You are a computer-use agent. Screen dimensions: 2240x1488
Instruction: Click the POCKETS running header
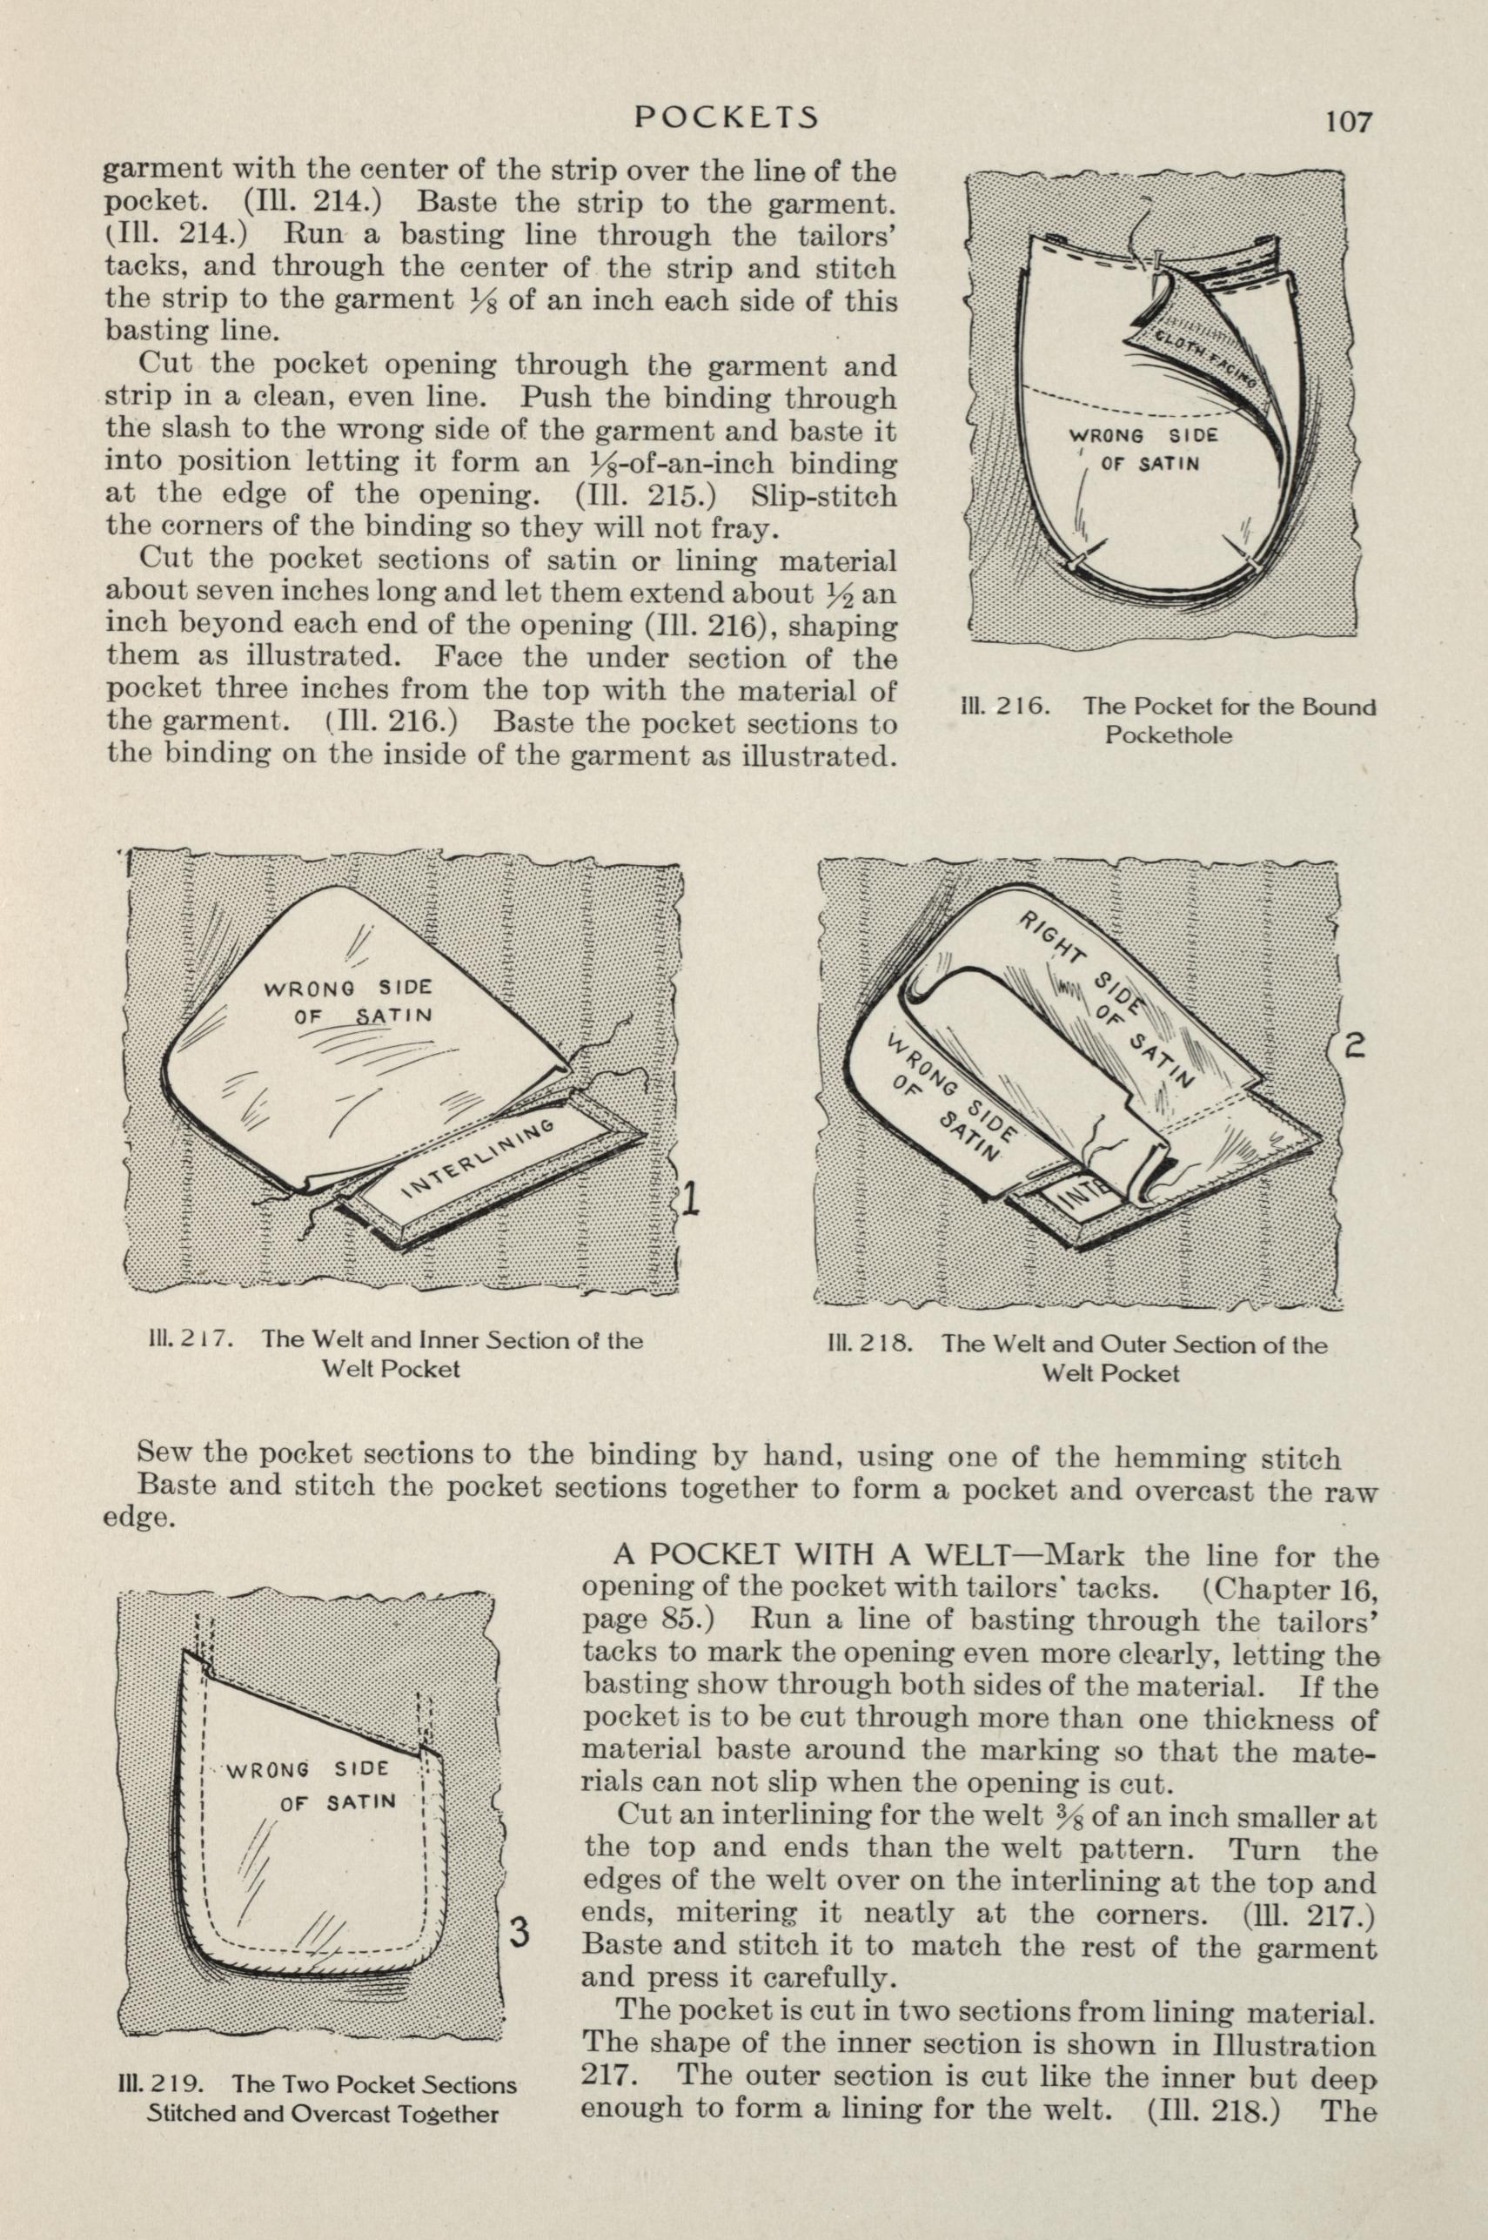(x=726, y=116)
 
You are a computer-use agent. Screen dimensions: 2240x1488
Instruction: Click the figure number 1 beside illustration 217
(x=691, y=1202)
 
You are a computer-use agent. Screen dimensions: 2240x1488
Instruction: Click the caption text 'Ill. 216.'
(x=1003, y=707)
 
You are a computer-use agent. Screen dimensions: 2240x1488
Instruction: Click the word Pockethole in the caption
(x=1168, y=735)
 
